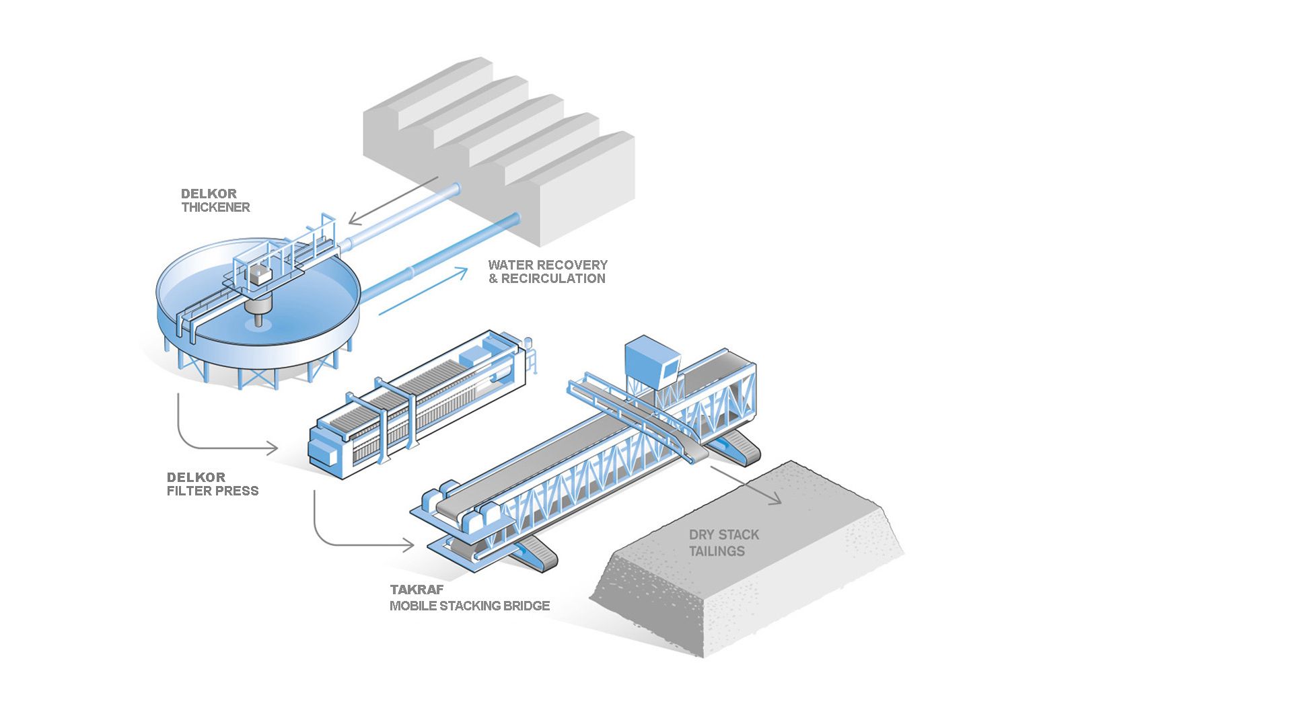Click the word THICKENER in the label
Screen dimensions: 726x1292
coord(215,208)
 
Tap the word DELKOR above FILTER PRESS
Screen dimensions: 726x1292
coord(196,477)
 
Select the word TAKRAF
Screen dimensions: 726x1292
coord(417,590)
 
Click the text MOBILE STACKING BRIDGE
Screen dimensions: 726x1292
coord(470,606)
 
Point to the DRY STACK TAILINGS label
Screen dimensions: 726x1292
coord(723,543)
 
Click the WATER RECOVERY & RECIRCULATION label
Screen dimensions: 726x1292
coord(547,272)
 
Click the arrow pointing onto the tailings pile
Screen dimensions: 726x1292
coord(747,485)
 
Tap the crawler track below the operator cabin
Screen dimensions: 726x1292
coord(739,448)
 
